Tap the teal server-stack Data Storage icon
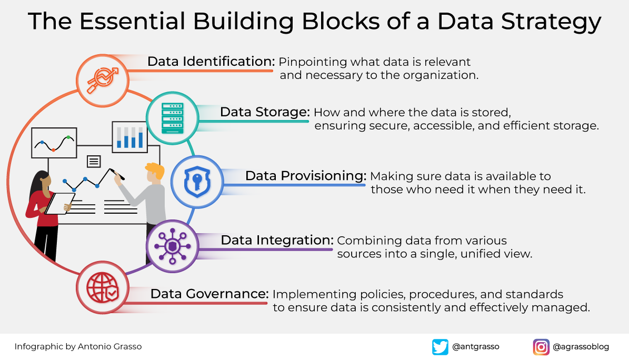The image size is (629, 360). [x=173, y=118]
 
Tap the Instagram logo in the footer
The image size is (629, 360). [x=541, y=347]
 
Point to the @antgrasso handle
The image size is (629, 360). [x=475, y=347]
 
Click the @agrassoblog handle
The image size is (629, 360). [x=581, y=347]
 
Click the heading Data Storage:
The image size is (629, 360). [x=265, y=112]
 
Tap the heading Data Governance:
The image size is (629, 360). [x=209, y=294]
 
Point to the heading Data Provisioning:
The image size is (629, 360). [x=306, y=175]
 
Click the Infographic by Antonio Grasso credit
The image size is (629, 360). [x=78, y=347]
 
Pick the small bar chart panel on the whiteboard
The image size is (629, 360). [x=129, y=136]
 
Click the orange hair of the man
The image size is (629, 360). [x=155, y=170]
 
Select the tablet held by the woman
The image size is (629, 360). [x=59, y=203]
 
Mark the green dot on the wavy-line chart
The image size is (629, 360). [x=69, y=138]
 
